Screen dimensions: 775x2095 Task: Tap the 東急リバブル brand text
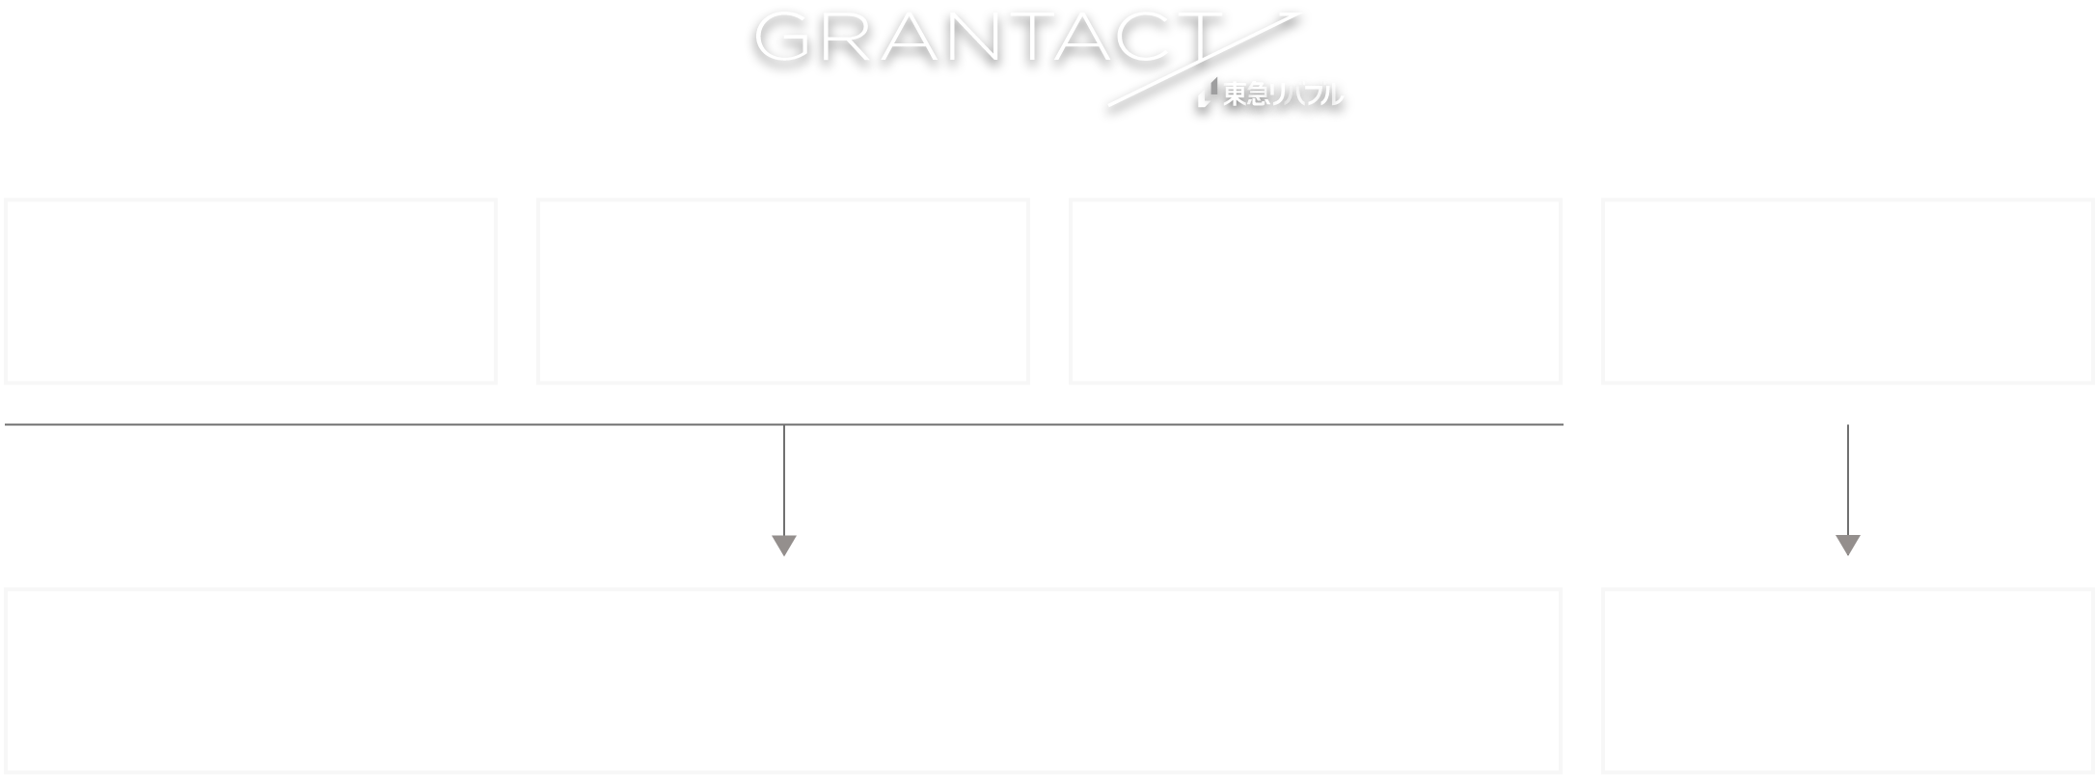click(1283, 94)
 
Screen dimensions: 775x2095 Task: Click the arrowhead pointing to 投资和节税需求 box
click(784, 546)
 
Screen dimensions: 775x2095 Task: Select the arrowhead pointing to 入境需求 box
click(1847, 546)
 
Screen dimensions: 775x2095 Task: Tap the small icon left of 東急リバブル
click(1205, 94)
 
